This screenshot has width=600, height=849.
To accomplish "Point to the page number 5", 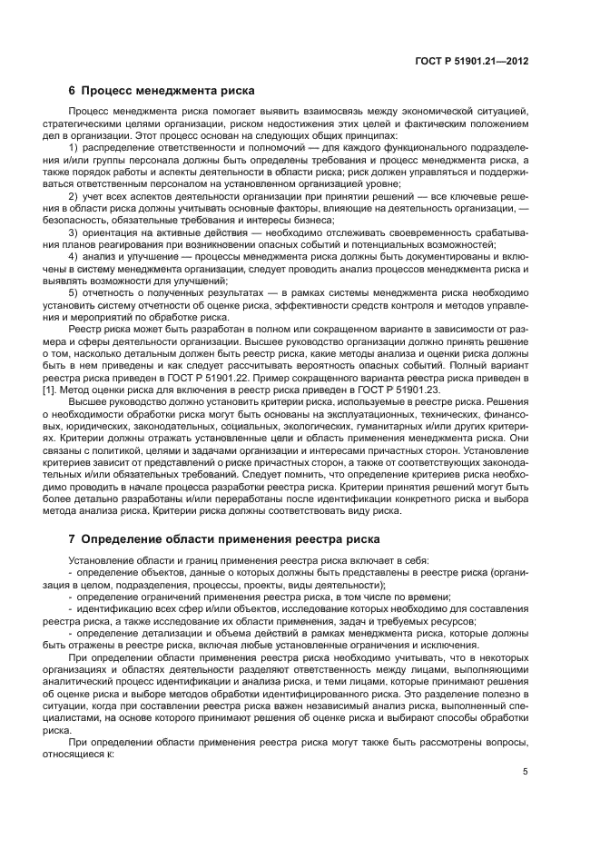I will [x=525, y=746].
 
